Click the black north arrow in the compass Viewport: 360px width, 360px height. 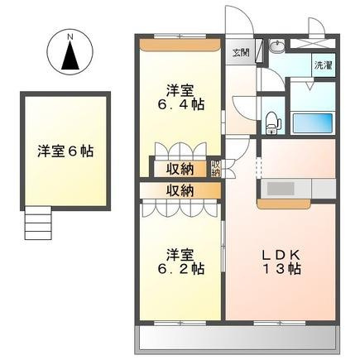point(70,55)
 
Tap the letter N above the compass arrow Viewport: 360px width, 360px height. point(70,36)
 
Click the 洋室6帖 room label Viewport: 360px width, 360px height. point(65,151)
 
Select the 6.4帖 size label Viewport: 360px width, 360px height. point(181,104)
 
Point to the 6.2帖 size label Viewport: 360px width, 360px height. point(181,268)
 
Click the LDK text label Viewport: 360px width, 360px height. point(281,255)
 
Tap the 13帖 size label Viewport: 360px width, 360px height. point(282,269)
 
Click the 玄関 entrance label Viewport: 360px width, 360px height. point(241,52)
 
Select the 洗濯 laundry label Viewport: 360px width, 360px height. point(324,65)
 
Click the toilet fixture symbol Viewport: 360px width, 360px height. point(273,122)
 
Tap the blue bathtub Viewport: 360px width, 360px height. point(313,122)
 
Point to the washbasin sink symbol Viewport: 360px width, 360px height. point(276,46)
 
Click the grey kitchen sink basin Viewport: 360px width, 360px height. point(281,189)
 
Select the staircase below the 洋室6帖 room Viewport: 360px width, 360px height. point(38,223)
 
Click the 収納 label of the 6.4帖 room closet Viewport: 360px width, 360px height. point(180,169)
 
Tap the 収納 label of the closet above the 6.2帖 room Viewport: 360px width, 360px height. point(180,190)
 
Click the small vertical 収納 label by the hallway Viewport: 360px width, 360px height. point(215,168)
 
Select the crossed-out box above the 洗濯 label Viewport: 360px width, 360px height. point(312,44)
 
